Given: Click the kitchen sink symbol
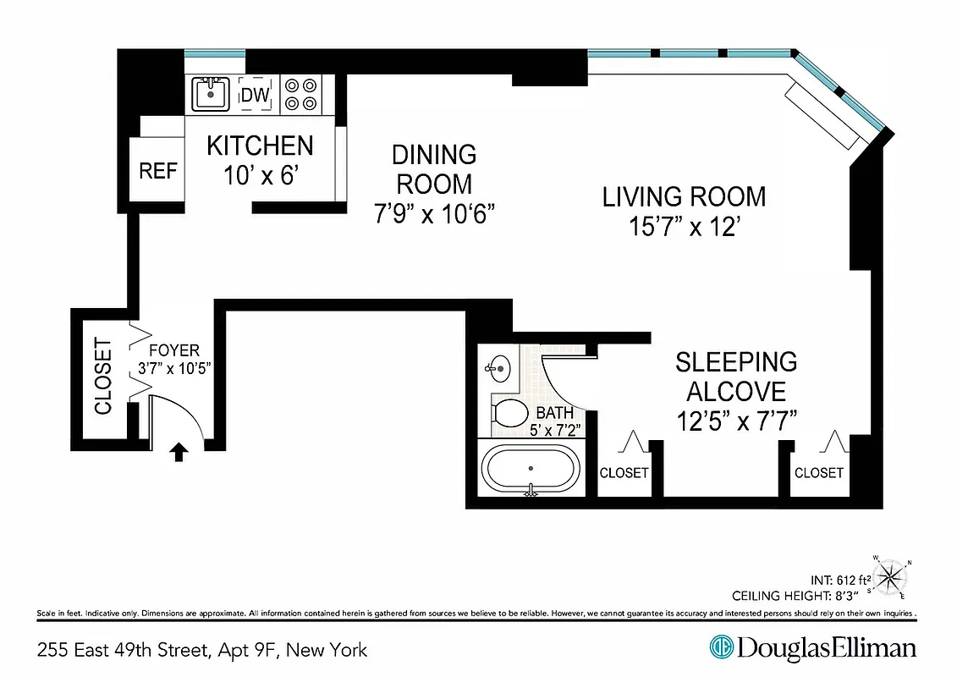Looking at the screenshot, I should click(x=210, y=93).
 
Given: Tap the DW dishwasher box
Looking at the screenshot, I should click(x=255, y=95).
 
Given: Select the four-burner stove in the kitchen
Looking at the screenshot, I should click(x=300, y=94).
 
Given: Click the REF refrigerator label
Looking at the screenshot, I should click(x=158, y=171).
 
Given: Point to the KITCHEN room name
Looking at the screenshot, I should click(x=260, y=146).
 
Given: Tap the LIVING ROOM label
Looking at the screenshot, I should click(x=684, y=196).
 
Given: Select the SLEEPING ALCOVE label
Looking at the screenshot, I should click(x=736, y=377).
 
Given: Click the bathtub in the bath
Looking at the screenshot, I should click(x=531, y=468).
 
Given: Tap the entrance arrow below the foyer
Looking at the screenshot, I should click(x=179, y=453).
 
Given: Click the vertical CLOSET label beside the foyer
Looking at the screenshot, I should click(x=102, y=376).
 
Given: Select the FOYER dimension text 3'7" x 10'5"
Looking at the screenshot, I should click(x=173, y=368).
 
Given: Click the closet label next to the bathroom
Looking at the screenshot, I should click(x=624, y=473).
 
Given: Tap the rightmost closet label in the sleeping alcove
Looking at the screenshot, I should click(x=818, y=473).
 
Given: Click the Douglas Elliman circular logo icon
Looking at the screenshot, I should click(x=721, y=648).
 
